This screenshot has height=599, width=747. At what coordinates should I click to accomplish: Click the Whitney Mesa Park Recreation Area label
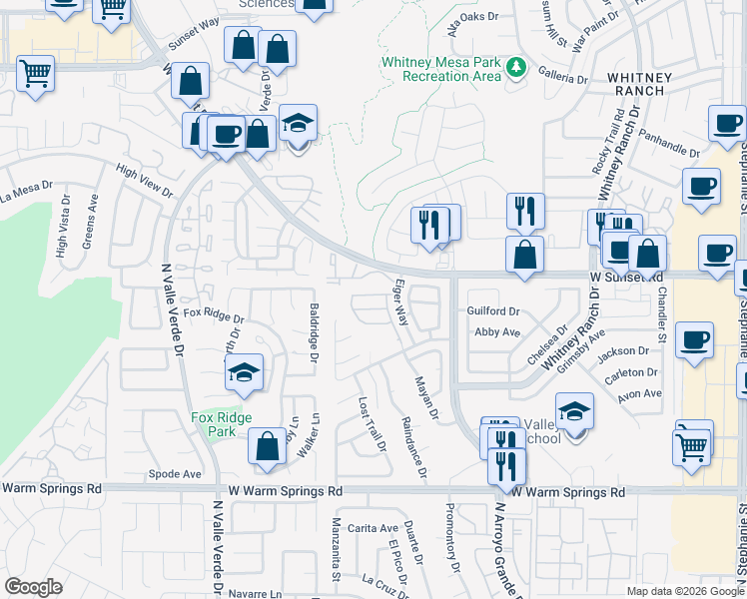440,69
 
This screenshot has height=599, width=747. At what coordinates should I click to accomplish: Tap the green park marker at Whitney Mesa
516,68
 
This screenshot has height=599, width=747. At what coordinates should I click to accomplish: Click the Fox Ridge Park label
222,424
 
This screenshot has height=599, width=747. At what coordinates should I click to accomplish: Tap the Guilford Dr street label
493,311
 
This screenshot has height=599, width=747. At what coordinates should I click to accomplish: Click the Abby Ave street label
498,331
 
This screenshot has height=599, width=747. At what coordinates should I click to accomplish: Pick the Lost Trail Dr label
372,424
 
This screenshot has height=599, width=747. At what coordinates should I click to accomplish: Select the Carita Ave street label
354,528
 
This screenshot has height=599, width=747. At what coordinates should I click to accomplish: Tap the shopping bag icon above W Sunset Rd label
524,254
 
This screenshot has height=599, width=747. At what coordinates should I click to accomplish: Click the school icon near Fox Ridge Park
244,373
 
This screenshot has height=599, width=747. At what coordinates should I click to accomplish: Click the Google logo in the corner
33,587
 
